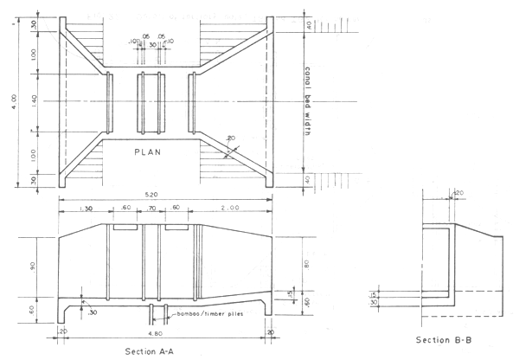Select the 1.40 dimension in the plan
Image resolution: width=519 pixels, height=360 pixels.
pyautogui.click(x=35, y=101)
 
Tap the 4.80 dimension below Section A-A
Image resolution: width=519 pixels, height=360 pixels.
pyautogui.click(x=163, y=331)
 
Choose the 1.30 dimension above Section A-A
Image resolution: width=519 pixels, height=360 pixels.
pyautogui.click(x=85, y=209)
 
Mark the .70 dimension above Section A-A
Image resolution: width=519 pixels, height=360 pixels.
pyautogui.click(x=153, y=209)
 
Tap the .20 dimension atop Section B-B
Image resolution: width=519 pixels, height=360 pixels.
pyautogui.click(x=458, y=193)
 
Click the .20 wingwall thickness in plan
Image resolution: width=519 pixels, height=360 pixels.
pyautogui.click(x=230, y=138)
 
